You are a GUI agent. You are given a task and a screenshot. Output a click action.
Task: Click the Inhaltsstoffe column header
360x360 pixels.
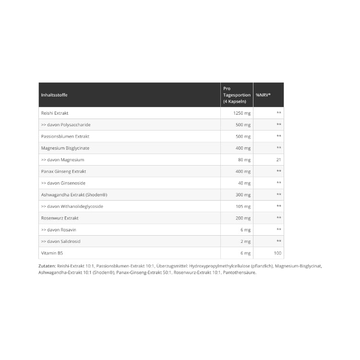[x=54, y=95]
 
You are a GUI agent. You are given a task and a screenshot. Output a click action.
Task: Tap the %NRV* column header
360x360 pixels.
[x=264, y=95]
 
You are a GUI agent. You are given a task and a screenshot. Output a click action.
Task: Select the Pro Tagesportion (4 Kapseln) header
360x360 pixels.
[x=237, y=95]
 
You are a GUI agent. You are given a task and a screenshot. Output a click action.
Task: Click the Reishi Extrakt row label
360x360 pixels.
[x=55, y=113]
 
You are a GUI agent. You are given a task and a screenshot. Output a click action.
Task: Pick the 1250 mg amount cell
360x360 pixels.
[x=242, y=113]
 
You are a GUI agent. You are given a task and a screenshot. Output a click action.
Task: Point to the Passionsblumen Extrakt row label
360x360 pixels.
[x=65, y=136]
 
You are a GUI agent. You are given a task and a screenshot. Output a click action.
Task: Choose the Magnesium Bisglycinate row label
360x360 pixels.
[x=65, y=148]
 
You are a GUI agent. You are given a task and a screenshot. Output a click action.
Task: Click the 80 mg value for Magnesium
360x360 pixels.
[x=244, y=159]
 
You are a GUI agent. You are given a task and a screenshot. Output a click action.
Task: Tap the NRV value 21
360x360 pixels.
[x=278, y=159]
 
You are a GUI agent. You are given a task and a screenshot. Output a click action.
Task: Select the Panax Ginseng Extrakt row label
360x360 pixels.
[x=64, y=171]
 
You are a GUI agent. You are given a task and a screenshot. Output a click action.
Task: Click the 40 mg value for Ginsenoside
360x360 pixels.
[x=244, y=183]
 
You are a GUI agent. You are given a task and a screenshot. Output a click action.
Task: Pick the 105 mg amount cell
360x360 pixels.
[x=243, y=206]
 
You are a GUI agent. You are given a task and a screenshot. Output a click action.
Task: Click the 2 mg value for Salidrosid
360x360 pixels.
[x=245, y=241]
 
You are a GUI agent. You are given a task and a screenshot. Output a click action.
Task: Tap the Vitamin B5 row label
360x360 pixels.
[x=52, y=253]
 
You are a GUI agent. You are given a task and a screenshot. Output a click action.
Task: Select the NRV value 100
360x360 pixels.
[x=277, y=253]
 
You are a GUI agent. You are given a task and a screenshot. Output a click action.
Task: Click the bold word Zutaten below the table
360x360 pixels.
[x=47, y=266]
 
